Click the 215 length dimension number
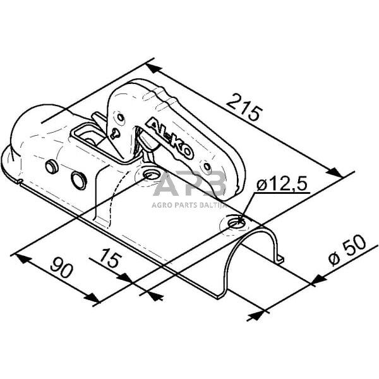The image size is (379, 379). pyautogui.click(x=244, y=108)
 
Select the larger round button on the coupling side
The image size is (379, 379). pyautogui.click(x=79, y=180)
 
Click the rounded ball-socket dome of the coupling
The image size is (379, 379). pyautogui.click(x=38, y=129)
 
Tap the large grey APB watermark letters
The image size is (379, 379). pyautogui.click(x=189, y=185)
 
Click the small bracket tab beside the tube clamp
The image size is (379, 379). pyautogui.click(x=279, y=258)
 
